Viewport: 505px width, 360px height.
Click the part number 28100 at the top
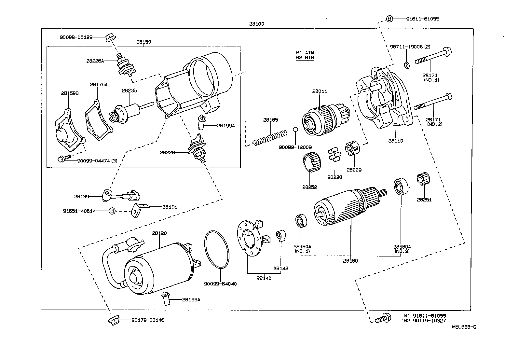coord(256,24)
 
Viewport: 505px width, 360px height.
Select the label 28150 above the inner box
coord(143,42)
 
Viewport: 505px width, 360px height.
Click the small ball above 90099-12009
coord(295,130)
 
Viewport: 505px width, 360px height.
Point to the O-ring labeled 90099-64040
coord(217,250)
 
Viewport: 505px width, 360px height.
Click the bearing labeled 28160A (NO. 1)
coord(301,221)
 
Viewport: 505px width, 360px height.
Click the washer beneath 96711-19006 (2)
coord(407,65)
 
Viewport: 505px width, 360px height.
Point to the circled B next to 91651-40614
coord(112,211)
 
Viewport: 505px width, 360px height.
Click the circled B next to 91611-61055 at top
coord(389,19)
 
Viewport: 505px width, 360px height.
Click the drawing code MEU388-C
coord(464,327)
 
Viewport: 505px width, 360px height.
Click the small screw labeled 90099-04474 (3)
coord(62,159)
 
